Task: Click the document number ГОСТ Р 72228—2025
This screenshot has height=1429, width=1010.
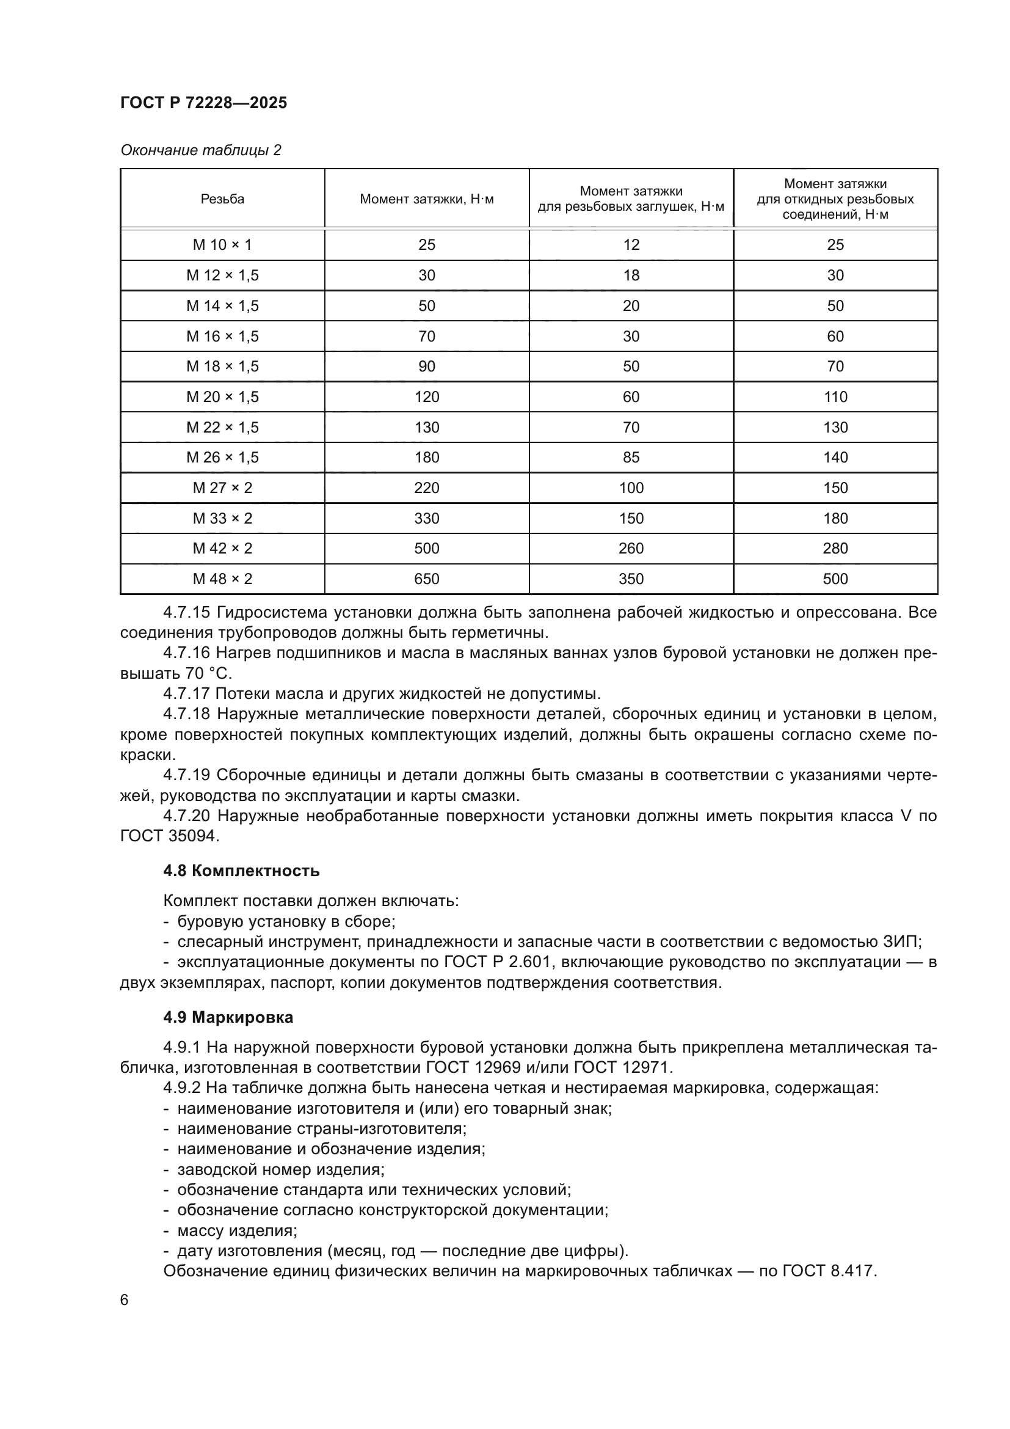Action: (x=203, y=103)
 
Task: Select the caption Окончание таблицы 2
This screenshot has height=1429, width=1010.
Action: (x=200, y=150)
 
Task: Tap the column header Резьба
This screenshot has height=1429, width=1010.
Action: (x=222, y=199)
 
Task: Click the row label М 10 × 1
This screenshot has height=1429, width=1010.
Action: (x=222, y=244)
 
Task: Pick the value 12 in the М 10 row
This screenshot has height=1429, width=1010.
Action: (x=631, y=244)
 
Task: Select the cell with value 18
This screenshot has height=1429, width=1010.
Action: (x=631, y=275)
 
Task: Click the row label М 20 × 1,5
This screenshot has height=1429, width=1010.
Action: (x=222, y=397)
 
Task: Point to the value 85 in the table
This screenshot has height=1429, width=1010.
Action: (x=631, y=458)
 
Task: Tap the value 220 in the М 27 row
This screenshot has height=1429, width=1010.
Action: (x=427, y=488)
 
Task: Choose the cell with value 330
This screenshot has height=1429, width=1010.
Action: (x=427, y=519)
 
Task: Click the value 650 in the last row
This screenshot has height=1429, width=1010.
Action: (x=427, y=579)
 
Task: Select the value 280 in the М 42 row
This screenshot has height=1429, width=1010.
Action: (x=835, y=548)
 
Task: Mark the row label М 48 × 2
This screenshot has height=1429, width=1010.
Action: (x=222, y=579)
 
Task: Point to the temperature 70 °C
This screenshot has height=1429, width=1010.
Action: (x=208, y=673)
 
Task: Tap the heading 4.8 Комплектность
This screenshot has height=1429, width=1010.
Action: (x=241, y=871)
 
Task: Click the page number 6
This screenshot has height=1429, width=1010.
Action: (x=125, y=1300)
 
